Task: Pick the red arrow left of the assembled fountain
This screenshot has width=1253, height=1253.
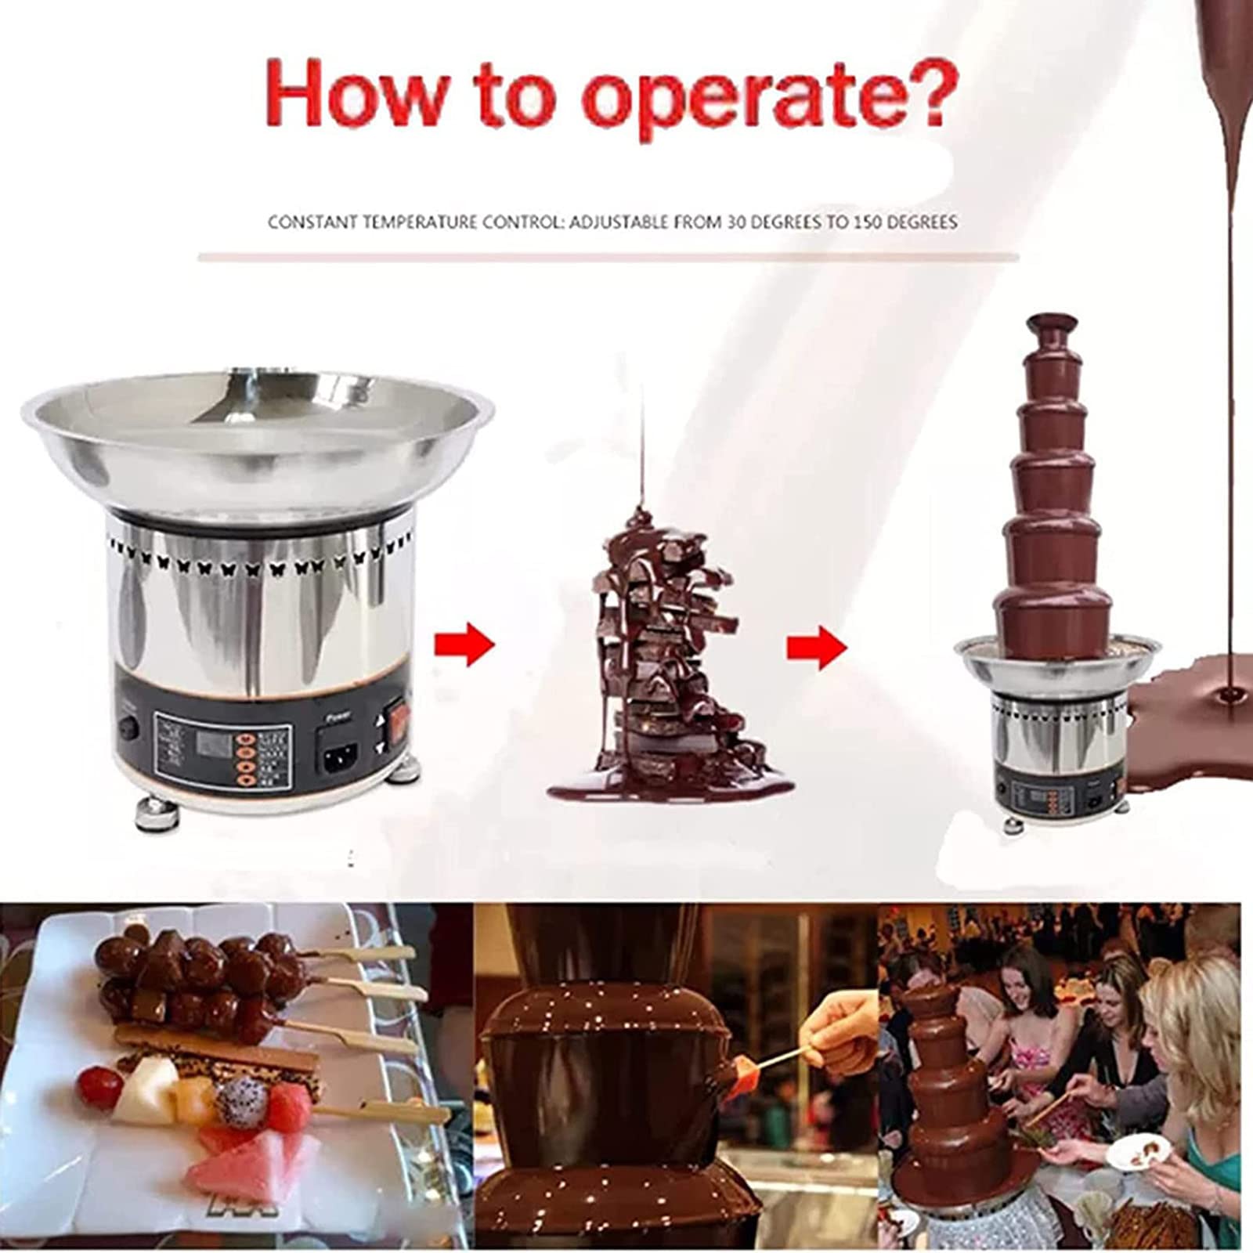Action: coord(817,647)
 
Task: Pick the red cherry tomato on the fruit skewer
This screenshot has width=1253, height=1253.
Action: coord(99,1084)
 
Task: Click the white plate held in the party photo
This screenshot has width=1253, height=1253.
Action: coord(1140,1155)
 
